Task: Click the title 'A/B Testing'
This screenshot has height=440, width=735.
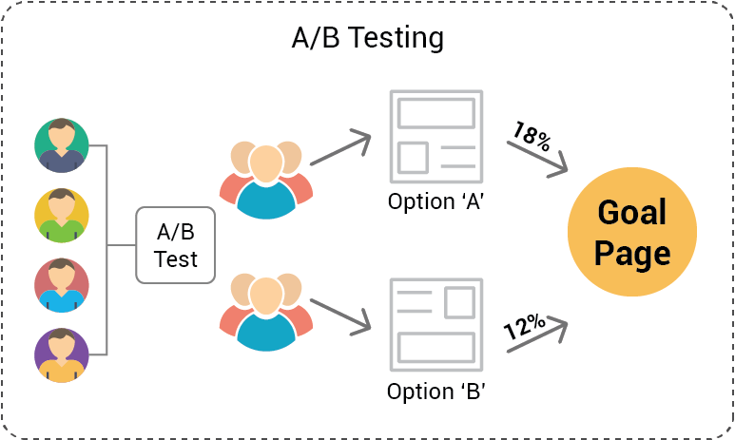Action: [367, 38]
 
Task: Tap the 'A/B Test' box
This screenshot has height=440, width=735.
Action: [176, 245]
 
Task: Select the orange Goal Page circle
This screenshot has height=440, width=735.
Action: [631, 233]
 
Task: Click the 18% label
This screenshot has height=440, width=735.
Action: [531, 136]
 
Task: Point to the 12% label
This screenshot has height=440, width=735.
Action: [524, 327]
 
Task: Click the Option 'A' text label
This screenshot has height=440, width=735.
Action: [436, 201]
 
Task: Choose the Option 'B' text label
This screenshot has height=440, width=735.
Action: [436, 391]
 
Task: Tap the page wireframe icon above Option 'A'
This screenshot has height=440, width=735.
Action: [436, 137]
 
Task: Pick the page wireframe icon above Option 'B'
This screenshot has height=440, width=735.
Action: [436, 324]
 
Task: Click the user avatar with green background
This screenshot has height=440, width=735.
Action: [62, 145]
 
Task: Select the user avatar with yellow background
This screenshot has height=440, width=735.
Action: [62, 216]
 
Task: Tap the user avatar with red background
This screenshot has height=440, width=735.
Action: [62, 285]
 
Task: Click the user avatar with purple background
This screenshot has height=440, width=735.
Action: [62, 355]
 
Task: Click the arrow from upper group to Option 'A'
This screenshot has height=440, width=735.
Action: [340, 147]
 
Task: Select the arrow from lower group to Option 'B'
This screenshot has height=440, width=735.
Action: [340, 316]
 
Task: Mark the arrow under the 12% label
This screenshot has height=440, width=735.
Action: [537, 336]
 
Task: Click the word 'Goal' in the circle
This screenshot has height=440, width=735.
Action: [631, 213]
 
